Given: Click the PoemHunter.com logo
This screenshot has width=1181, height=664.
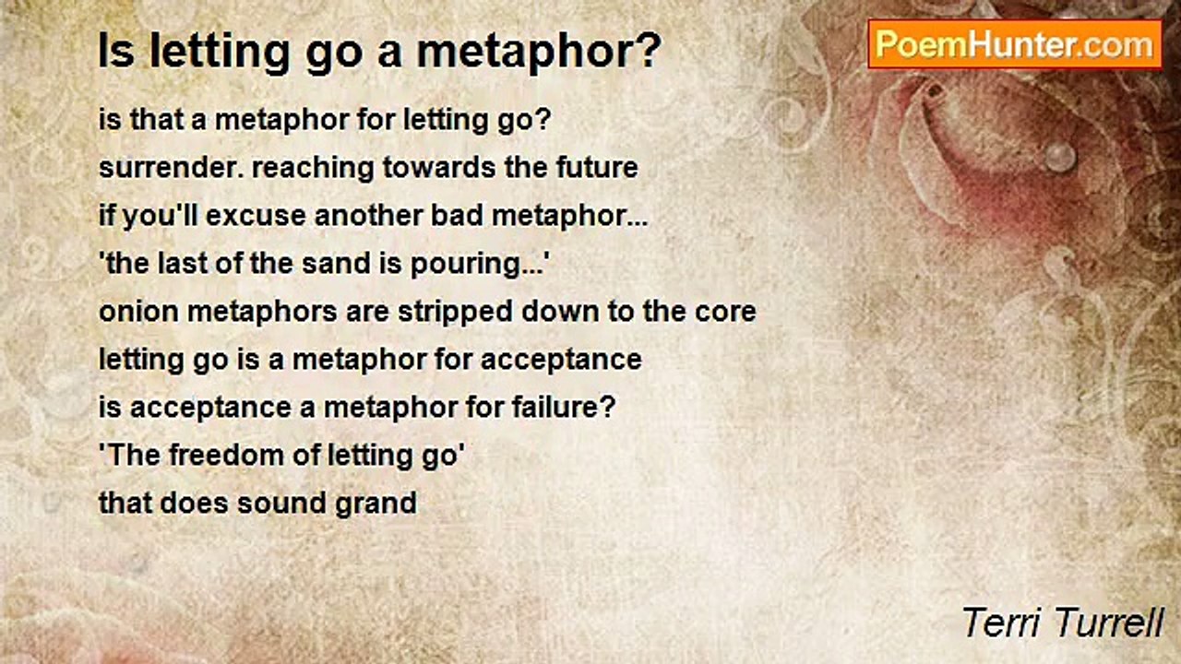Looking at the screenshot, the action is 1015,44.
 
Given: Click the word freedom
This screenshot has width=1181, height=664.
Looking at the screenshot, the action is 227,455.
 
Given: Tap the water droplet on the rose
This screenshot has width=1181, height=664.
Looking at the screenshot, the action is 1060,158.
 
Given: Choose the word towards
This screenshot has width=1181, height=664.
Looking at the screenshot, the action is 439,168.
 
